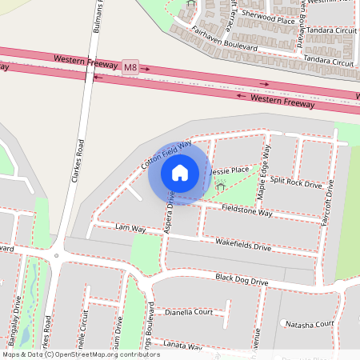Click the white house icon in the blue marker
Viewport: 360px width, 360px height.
180,172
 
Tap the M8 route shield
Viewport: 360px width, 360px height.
130,70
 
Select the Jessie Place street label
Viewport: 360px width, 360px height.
228,170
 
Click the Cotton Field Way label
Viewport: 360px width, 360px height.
166,154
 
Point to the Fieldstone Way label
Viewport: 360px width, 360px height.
246,212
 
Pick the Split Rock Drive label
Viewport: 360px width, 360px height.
296,183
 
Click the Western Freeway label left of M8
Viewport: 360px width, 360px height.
85,60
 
